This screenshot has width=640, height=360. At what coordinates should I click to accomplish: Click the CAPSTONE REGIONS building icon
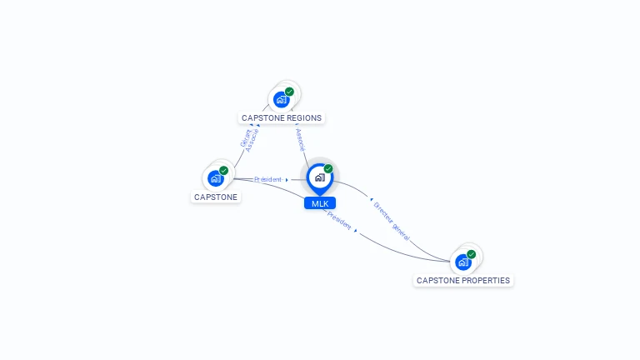(281, 100)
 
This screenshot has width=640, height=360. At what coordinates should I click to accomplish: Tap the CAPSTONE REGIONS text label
(282, 118)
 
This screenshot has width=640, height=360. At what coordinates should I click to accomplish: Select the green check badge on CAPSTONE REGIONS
(289, 92)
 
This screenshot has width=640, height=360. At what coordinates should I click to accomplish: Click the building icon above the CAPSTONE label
(216, 178)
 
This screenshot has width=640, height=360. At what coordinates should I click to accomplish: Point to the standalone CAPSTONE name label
(216, 197)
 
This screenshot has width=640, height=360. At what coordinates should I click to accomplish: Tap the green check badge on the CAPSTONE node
(223, 170)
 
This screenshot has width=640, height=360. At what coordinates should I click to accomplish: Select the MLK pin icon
(319, 177)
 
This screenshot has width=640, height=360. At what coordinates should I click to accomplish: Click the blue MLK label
(320, 203)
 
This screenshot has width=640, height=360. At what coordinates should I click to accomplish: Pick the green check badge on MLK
(328, 169)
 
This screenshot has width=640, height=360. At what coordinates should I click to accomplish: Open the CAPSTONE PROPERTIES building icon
(463, 262)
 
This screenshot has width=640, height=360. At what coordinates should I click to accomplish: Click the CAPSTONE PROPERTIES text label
(463, 281)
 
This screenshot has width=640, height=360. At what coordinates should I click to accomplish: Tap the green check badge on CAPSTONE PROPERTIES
(472, 254)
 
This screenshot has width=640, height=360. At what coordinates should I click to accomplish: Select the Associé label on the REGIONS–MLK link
(300, 139)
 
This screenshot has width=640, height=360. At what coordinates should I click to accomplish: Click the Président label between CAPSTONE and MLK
(267, 179)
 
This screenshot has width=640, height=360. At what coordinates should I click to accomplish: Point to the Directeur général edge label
(392, 220)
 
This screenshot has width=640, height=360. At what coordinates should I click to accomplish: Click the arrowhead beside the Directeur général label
(371, 200)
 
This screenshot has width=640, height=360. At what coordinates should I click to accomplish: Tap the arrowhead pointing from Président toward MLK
(287, 180)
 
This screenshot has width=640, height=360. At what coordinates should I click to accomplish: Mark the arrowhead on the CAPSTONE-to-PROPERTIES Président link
(357, 231)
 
